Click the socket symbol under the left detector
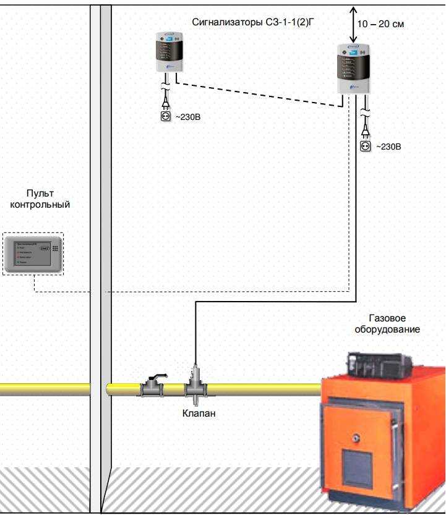tap(165, 115)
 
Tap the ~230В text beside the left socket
tap(189, 116)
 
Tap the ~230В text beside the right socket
tap(389, 147)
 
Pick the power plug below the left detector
tap(165, 99)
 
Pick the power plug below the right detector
tap(366, 130)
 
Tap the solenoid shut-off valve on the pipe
tap(195, 384)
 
